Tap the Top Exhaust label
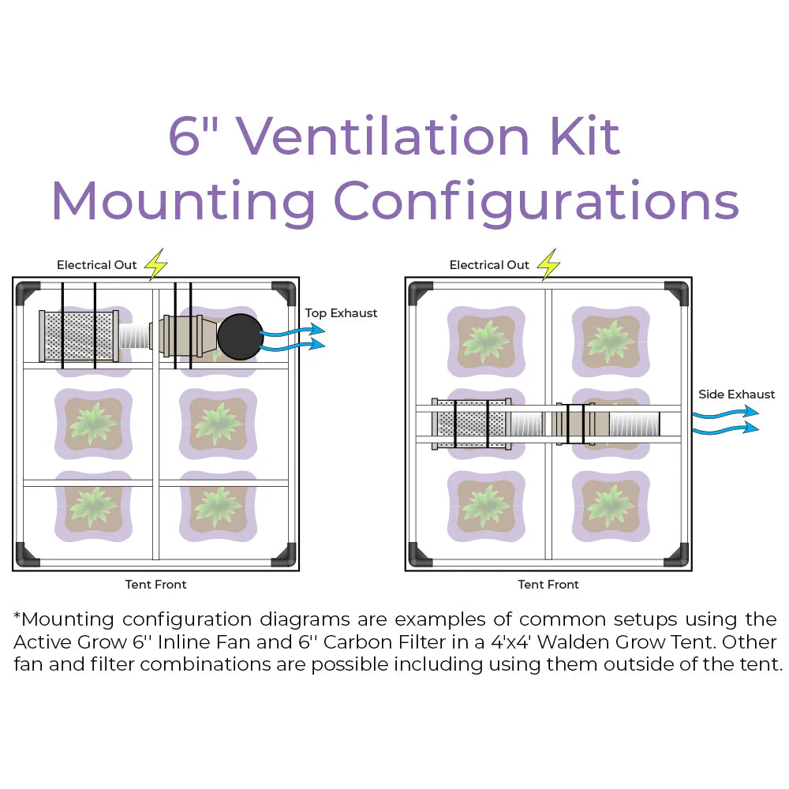[341, 313]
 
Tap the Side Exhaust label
[736, 394]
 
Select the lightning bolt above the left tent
[156, 264]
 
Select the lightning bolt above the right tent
[548, 264]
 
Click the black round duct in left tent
[240, 337]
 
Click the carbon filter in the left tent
[79, 335]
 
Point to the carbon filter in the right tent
[472, 424]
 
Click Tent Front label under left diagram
[155, 585]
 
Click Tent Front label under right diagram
[548, 585]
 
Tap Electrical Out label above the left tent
[96, 265]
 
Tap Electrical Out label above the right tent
[489, 265]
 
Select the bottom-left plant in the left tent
[93, 505]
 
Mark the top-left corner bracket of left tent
[28, 293]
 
